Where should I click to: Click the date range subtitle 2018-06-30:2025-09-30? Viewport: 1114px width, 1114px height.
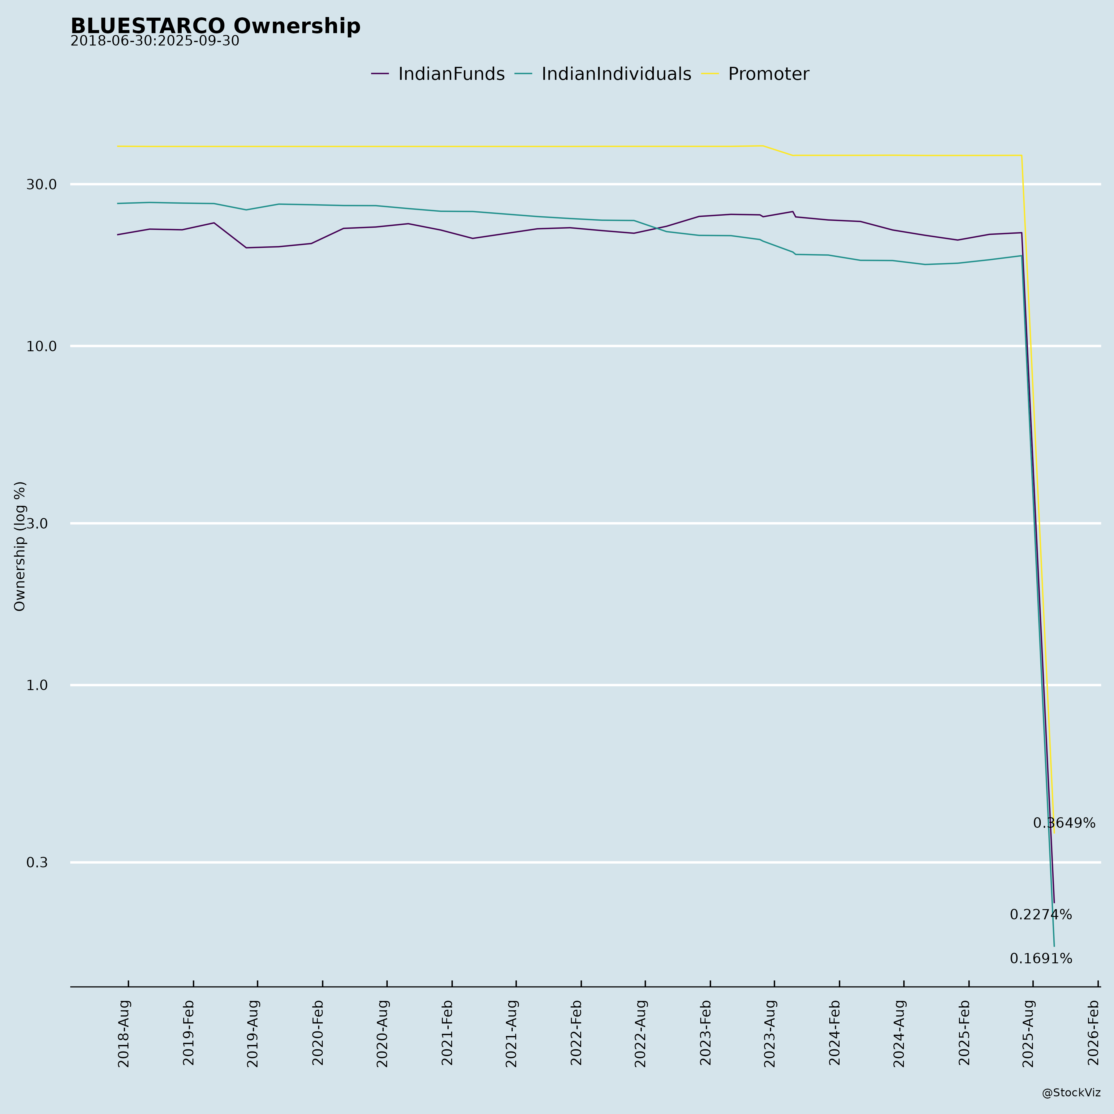pyautogui.click(x=154, y=41)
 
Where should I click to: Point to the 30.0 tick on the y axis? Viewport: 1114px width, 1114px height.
pyautogui.click(x=41, y=184)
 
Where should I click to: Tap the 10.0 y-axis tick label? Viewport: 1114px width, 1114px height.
pyautogui.click(x=41, y=347)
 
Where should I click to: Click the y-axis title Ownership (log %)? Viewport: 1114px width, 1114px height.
pyautogui.click(x=20, y=546)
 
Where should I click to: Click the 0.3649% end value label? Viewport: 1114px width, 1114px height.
pyautogui.click(x=1064, y=823)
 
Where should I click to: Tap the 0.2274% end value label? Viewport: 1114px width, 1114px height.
pyautogui.click(x=1041, y=915)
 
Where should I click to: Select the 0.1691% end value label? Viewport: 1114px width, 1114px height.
pyautogui.click(x=1041, y=959)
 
